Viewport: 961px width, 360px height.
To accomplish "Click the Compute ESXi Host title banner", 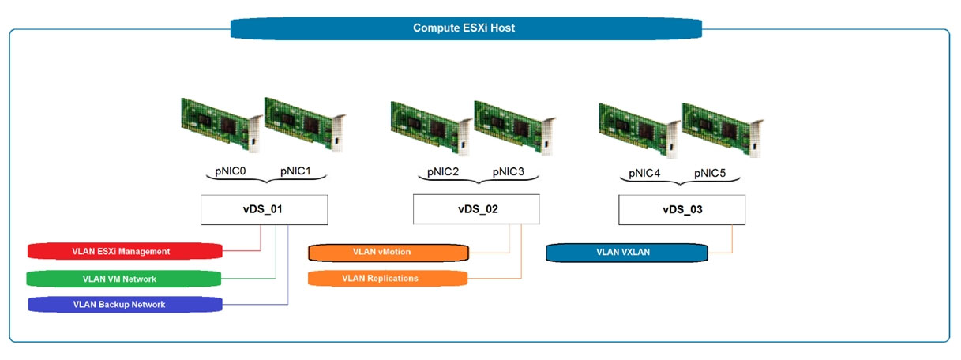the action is point(466,28).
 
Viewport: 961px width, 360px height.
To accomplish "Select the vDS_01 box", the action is point(265,210).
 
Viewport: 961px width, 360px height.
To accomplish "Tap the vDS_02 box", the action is point(476,209).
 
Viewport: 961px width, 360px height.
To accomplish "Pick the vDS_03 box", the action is point(681,210).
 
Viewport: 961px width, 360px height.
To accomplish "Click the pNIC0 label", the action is point(231,171).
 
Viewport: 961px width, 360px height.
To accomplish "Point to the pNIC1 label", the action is point(295,171).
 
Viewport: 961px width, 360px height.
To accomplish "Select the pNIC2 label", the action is point(443,172).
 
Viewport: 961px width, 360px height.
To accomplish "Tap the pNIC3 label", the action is point(508,172).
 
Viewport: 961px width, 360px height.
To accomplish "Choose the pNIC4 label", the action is point(644,174).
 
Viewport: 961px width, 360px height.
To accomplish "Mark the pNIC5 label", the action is point(710,174).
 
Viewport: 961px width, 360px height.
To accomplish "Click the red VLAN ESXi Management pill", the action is point(125,251).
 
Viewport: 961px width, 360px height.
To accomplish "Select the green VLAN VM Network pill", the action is point(123,279).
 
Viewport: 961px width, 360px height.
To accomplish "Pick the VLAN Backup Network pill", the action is point(126,305).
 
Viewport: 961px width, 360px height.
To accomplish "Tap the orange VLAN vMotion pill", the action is point(389,253).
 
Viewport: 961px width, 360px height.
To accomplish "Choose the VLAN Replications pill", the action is point(388,279).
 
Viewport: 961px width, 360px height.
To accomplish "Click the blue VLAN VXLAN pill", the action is point(627,253).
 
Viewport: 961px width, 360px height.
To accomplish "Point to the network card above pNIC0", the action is point(222,126).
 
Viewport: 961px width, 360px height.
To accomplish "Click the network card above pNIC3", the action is point(515,128).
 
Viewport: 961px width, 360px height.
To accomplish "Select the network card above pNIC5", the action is point(723,130).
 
